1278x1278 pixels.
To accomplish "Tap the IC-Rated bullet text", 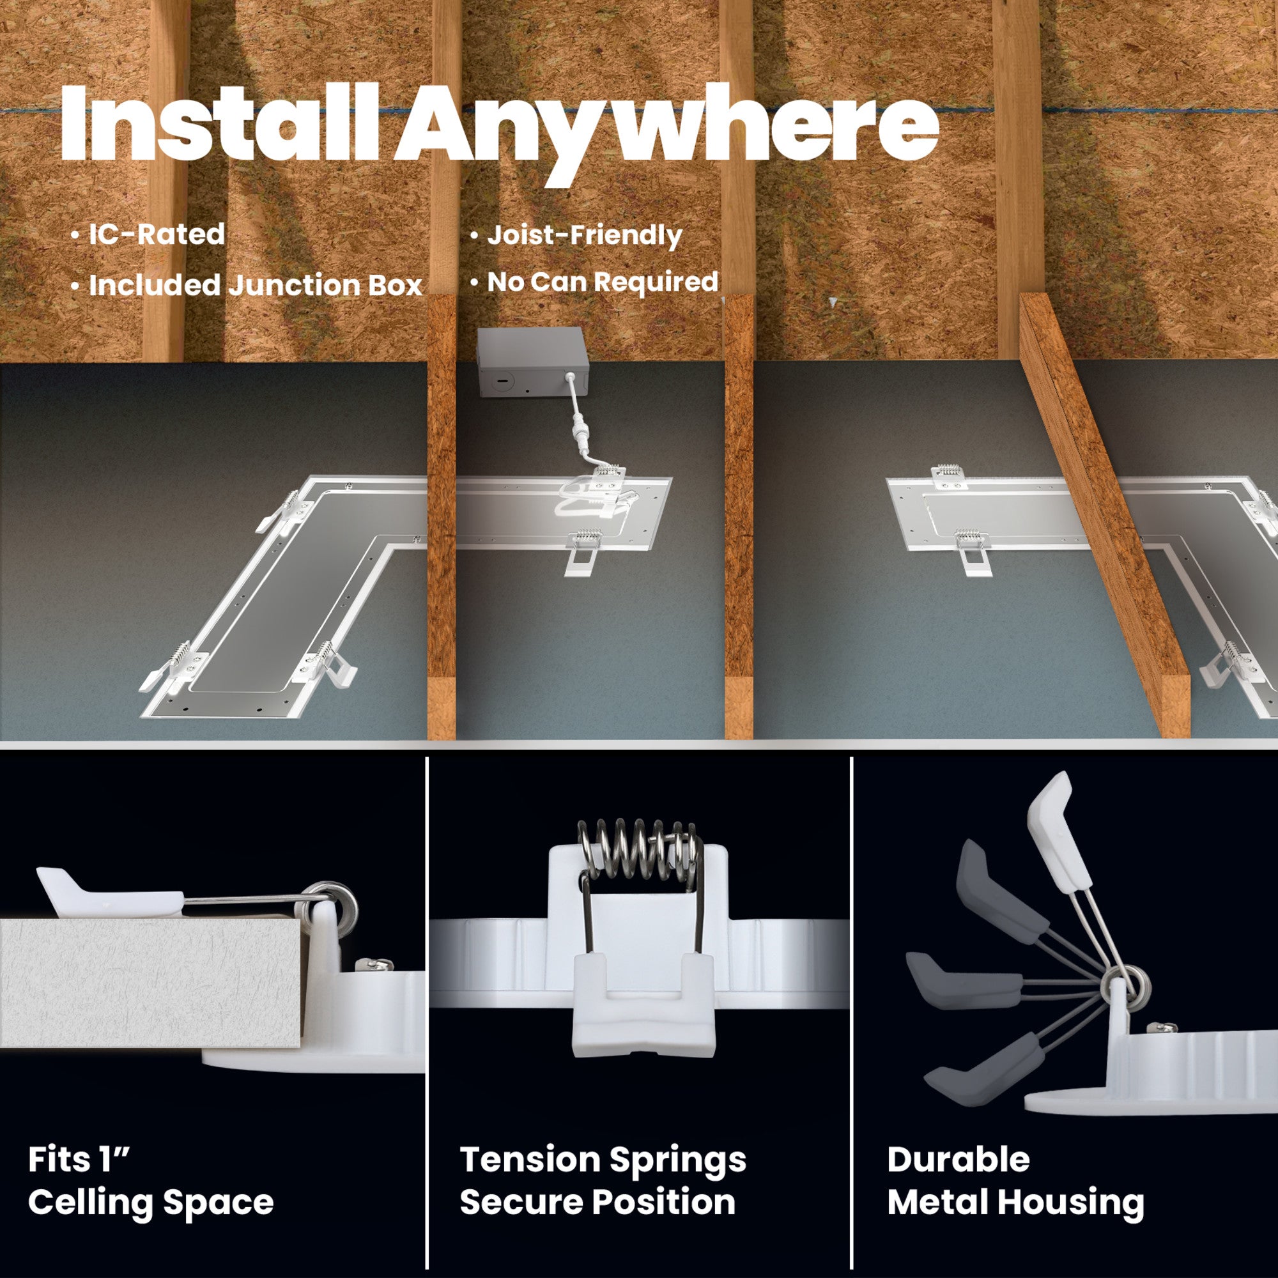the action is coord(148,234).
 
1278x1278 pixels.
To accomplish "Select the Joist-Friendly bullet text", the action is coord(576,236).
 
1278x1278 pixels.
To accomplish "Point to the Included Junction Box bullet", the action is coord(247,286).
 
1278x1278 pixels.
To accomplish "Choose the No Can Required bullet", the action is coord(594,282).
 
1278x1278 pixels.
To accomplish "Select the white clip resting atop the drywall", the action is coord(109,890).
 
